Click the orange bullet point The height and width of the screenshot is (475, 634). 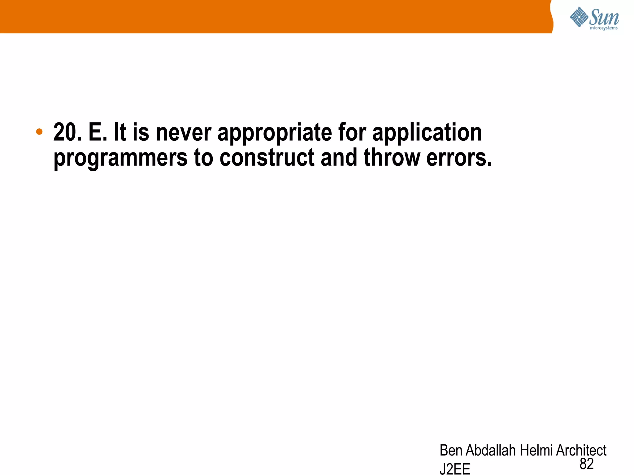(x=39, y=132)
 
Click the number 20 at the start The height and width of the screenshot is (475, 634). (x=67, y=132)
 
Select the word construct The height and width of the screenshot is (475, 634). (x=267, y=158)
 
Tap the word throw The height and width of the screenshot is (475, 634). (x=391, y=158)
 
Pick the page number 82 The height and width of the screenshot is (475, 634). (x=587, y=464)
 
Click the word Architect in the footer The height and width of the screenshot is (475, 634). (x=581, y=450)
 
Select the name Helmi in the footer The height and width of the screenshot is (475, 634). (x=536, y=450)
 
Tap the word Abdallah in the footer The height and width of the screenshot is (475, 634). (x=491, y=450)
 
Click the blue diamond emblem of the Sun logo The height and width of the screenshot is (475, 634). (x=579, y=17)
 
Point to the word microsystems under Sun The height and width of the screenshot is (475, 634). (x=604, y=28)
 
